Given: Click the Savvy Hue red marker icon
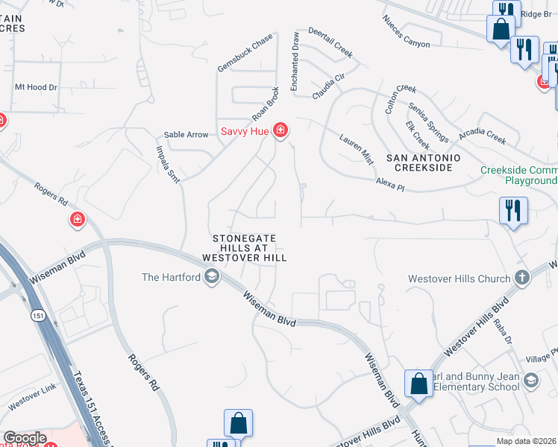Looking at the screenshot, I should (280, 131).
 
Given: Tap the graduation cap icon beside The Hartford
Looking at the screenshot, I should (212, 278).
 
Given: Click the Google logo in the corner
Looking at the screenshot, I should (25, 438).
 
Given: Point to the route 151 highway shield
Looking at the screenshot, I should (38, 316).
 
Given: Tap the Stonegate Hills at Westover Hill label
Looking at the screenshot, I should (245, 247).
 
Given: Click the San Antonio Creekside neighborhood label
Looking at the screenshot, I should (423, 163).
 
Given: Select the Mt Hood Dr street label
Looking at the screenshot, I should (36, 87).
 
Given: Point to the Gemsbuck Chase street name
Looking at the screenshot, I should (245, 54).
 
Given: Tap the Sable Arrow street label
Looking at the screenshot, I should (186, 135).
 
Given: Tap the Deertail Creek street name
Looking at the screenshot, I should (326, 45).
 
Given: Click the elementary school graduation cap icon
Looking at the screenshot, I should (530, 381).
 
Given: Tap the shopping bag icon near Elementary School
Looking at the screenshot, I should (418, 384).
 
